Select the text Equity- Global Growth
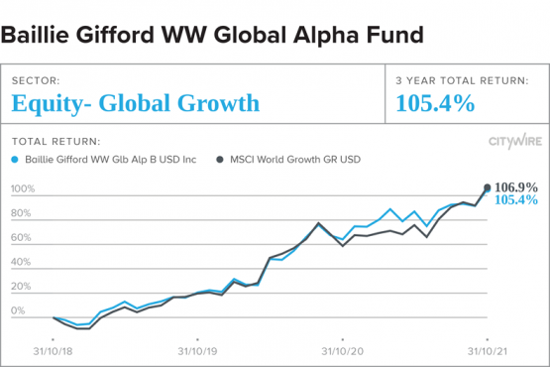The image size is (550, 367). coord(136,103)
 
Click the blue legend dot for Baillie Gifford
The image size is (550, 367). coord(15,159)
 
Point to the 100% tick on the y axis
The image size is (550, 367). coord(23,188)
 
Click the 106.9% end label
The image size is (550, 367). coord(516,186)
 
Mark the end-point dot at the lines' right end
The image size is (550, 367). coord(487,186)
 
